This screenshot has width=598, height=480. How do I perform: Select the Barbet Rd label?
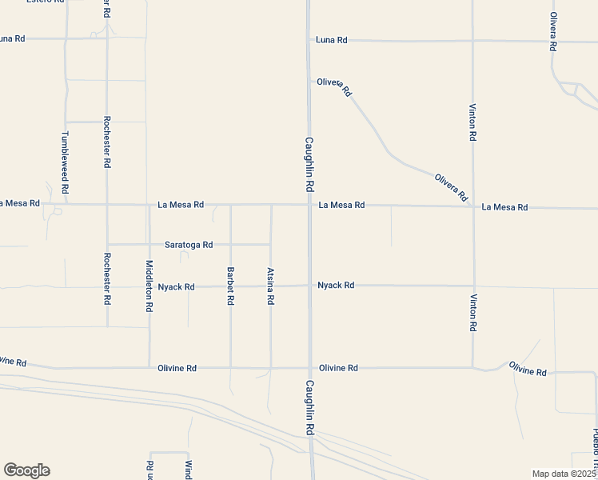point(230,286)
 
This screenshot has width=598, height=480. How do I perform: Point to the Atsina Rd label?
point(270,286)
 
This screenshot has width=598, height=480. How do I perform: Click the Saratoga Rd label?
point(189,245)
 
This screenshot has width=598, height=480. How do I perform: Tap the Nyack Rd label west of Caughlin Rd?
point(176,287)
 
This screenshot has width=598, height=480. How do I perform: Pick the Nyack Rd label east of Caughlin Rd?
point(336,285)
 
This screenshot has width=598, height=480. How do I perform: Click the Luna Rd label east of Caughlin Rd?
point(332,40)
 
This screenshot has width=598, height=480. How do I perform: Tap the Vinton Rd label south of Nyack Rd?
point(473,313)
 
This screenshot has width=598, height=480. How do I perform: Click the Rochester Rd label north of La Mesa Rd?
point(106,142)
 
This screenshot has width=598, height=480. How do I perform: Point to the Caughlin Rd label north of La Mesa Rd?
point(309,164)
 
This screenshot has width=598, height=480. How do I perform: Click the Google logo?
point(27,470)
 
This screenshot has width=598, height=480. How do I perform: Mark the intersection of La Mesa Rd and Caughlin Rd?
point(309,205)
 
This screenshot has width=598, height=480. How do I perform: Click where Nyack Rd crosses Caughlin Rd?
point(309,286)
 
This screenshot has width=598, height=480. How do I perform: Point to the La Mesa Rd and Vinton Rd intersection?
point(472,206)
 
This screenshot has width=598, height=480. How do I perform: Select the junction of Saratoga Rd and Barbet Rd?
point(230,245)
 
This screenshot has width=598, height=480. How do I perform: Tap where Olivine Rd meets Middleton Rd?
point(149,368)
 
